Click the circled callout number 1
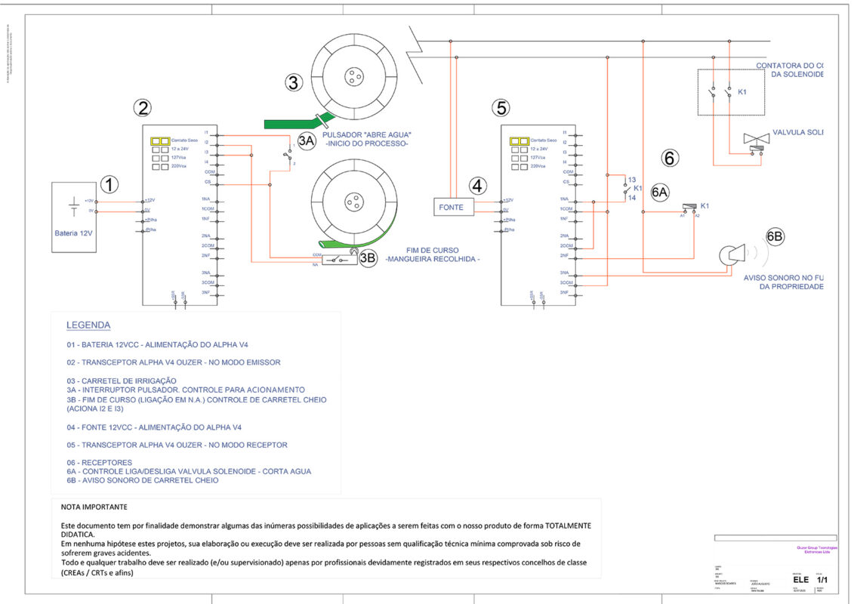coord(110,183)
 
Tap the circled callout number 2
coord(143,107)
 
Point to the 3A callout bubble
coord(306,140)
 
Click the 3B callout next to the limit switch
coord(368,258)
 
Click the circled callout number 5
coord(501,107)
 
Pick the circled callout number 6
coord(670,159)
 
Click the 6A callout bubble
coord(660,193)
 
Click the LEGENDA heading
coord(88,325)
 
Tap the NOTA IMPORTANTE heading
coord(94,507)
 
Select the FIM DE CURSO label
coord(433,250)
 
